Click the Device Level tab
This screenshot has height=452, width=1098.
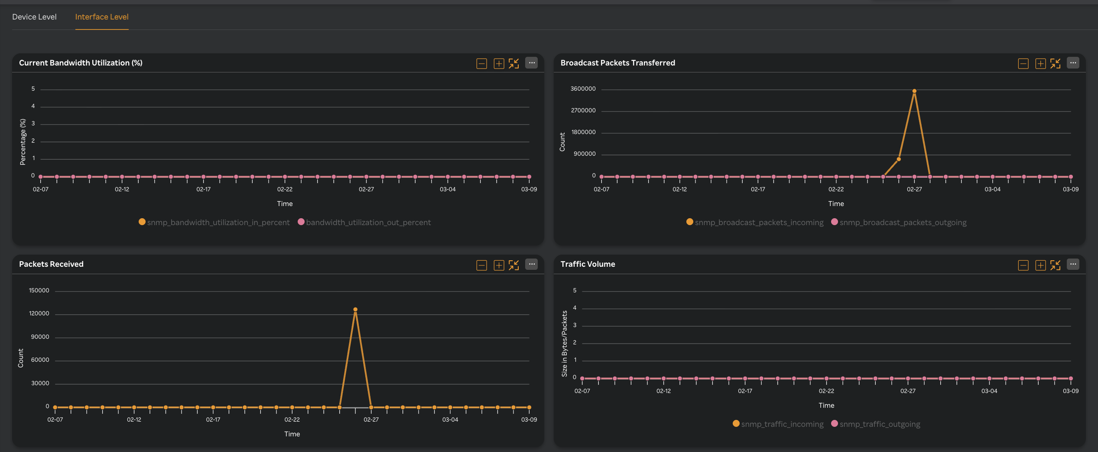(x=34, y=17)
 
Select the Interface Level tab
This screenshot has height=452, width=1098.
(x=102, y=17)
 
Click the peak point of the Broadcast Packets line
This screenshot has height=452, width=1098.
(x=914, y=91)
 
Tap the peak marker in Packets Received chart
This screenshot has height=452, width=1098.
(x=355, y=310)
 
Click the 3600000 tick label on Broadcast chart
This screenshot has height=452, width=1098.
(x=583, y=89)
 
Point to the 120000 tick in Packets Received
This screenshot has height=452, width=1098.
(x=39, y=314)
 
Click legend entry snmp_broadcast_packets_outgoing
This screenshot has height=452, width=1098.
(x=903, y=223)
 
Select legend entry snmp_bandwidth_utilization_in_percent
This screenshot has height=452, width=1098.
(x=218, y=223)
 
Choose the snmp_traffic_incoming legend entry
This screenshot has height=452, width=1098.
(x=782, y=424)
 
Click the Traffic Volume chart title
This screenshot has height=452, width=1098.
(x=588, y=264)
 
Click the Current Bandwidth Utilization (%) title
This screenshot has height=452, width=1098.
(x=81, y=63)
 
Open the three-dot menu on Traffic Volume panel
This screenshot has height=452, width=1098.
(x=1073, y=264)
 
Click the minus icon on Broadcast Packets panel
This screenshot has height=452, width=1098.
(x=1023, y=64)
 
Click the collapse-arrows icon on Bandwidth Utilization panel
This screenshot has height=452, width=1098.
(x=514, y=64)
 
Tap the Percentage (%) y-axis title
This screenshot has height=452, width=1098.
(x=23, y=142)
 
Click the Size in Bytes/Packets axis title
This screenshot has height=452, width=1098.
(x=564, y=344)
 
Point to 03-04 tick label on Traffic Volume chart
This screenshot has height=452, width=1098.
(x=989, y=391)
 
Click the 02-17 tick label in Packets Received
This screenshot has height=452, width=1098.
(x=213, y=420)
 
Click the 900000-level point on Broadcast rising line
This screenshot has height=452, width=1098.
(x=899, y=159)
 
